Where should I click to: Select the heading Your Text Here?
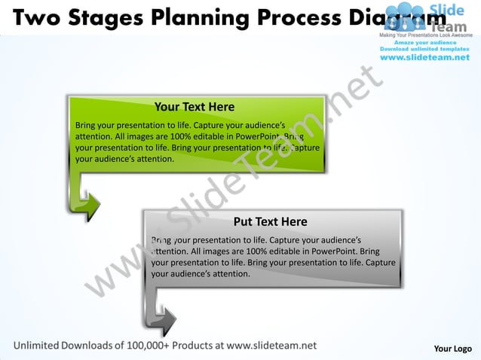(x=195, y=107)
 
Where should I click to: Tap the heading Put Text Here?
(x=270, y=221)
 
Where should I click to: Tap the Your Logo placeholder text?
(x=452, y=349)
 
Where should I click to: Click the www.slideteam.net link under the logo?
(x=424, y=57)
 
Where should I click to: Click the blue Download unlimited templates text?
(x=424, y=49)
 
